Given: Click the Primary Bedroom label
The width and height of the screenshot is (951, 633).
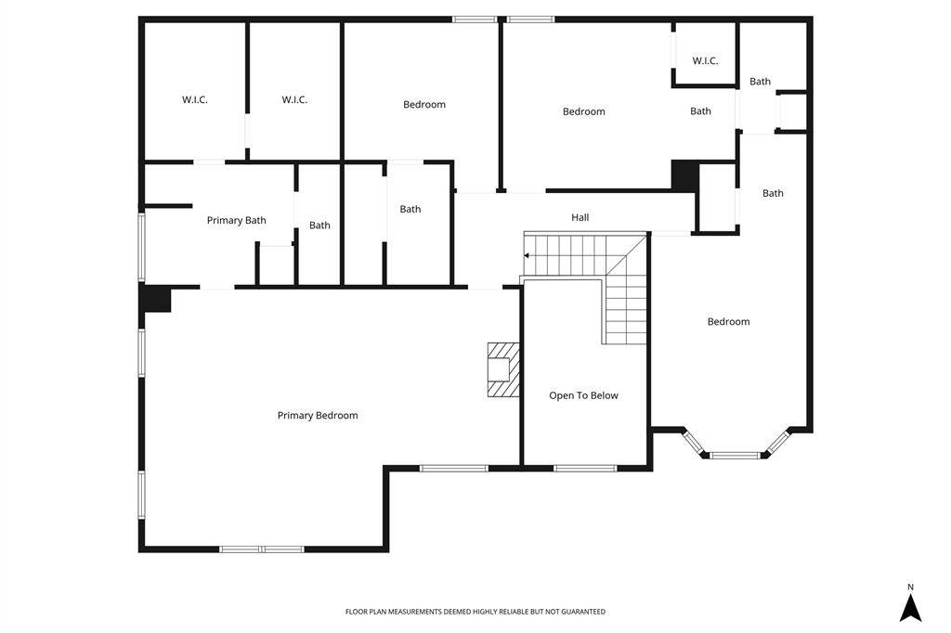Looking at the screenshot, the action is (x=318, y=415).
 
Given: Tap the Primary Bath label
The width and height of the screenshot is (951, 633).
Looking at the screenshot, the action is (x=237, y=220).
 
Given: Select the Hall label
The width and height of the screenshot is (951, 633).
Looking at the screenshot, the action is (x=580, y=217).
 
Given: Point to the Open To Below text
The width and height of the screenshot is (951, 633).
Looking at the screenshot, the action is (x=583, y=395).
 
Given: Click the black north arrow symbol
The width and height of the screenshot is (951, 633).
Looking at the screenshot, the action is (x=910, y=608).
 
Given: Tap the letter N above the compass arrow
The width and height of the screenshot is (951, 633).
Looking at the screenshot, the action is (x=910, y=587).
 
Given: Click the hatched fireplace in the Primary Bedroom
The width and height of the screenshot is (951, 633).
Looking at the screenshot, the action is (x=503, y=369).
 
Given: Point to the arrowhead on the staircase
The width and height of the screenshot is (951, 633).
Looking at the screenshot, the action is (x=527, y=256).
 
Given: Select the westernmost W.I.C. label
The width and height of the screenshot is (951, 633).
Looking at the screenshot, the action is (x=195, y=99).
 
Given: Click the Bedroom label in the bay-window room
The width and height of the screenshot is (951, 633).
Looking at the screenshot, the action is (x=728, y=321).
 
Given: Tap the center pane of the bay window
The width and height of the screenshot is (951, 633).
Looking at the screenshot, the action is (x=735, y=455).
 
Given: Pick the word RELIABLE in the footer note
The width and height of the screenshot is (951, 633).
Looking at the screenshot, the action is (x=514, y=612).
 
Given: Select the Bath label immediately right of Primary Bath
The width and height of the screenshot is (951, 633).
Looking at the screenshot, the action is (x=319, y=226).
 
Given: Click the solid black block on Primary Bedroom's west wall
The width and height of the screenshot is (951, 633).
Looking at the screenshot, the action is (x=156, y=299).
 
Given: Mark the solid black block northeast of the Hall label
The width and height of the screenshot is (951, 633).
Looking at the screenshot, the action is (x=684, y=176).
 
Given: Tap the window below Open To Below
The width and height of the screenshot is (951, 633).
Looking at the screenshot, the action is (x=585, y=468).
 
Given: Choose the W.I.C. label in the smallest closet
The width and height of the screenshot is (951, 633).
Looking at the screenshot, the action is (x=706, y=60).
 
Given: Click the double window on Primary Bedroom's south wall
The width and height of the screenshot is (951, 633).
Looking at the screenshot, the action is (x=261, y=549).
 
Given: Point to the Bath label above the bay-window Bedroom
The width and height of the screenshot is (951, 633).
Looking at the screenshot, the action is (x=773, y=193).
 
